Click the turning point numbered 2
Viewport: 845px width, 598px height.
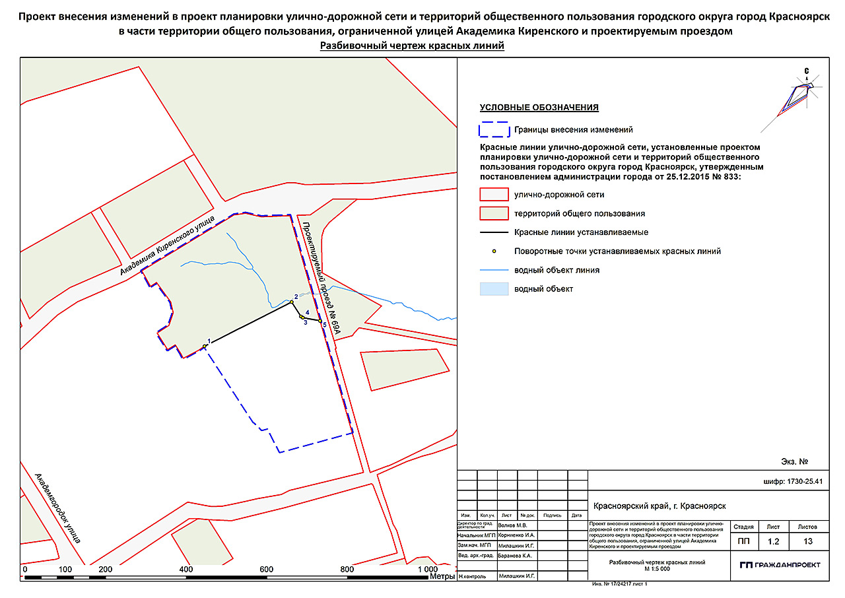tap(291, 303)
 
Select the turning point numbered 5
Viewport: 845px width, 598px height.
tap(320, 321)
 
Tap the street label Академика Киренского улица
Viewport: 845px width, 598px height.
tap(169, 245)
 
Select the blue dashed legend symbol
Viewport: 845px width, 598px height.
tap(493, 129)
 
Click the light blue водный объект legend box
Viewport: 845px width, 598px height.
tap(493, 289)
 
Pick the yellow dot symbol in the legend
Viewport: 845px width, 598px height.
tap(493, 251)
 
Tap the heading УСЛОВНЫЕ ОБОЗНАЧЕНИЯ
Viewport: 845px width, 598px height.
tap(539, 108)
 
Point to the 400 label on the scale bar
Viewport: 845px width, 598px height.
tap(186, 569)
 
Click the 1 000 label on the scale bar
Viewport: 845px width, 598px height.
tap(427, 569)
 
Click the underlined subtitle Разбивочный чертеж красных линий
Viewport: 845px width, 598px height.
tap(412, 46)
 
